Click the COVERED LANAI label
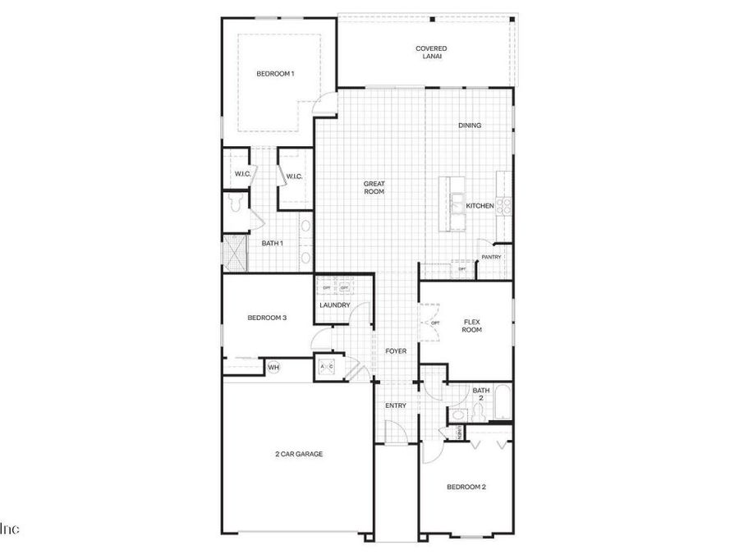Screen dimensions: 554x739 (x=431, y=53)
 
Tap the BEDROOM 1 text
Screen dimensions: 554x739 (x=275, y=74)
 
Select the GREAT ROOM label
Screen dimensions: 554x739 (x=374, y=188)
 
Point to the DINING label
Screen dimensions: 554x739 (x=470, y=126)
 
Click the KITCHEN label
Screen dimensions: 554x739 (x=480, y=206)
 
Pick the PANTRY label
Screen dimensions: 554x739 (x=491, y=257)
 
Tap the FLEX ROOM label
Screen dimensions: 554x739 (x=471, y=326)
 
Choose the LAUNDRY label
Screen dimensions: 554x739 (x=335, y=305)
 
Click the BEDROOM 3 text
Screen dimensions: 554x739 (x=267, y=318)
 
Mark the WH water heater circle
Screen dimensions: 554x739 (x=273, y=367)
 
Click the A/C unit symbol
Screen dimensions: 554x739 (x=326, y=367)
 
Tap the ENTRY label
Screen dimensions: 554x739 (x=396, y=405)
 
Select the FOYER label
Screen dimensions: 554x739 (x=396, y=351)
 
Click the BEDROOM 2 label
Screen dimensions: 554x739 (x=466, y=487)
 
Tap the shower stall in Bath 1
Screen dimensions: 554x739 (x=235, y=253)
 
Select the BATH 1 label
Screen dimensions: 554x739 (x=272, y=243)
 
